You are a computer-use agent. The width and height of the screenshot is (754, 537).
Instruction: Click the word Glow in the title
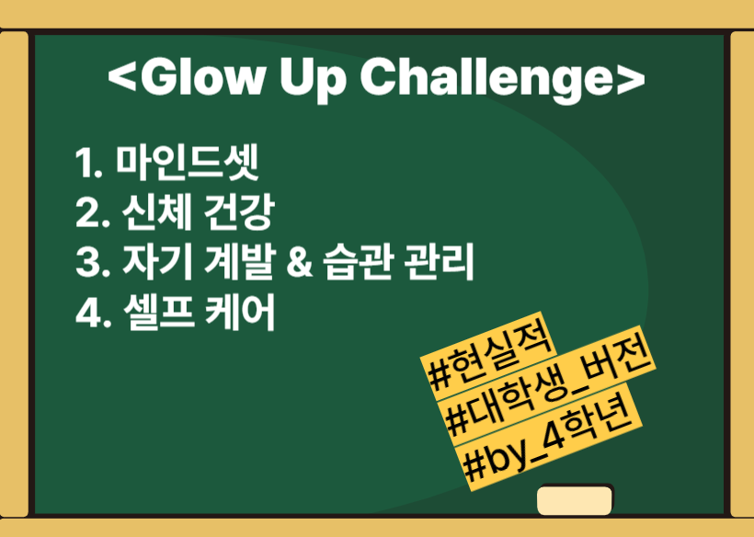[203, 77]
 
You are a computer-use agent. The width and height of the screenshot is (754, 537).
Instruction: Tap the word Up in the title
[313, 80]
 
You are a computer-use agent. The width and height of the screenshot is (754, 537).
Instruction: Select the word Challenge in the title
[486, 80]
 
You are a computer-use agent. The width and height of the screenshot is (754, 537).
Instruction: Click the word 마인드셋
[188, 162]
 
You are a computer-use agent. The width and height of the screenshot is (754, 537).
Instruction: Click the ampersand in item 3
[299, 264]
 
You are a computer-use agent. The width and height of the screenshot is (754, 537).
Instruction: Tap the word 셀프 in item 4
[159, 313]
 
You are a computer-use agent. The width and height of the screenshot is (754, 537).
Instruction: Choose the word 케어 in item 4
[240, 313]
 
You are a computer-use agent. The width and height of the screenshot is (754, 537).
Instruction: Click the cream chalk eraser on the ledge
[574, 500]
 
